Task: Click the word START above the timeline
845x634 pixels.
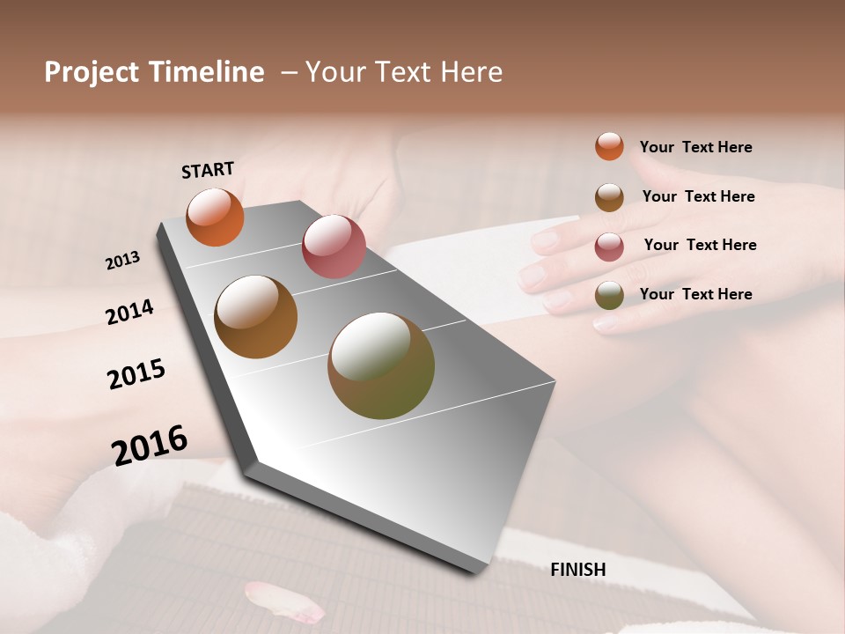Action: click(x=208, y=170)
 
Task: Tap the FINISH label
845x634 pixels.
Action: click(x=578, y=570)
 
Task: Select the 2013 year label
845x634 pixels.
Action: click(x=123, y=260)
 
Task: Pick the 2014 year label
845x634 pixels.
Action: click(x=129, y=312)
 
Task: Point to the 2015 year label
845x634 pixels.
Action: click(x=136, y=374)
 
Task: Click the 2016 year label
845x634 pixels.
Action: click(x=150, y=445)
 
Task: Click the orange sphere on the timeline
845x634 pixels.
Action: click(x=216, y=217)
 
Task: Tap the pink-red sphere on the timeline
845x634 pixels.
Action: click(x=334, y=247)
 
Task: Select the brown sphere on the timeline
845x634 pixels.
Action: click(x=256, y=317)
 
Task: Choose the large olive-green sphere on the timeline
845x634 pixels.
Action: click(x=381, y=365)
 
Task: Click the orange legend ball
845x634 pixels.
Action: click(x=609, y=146)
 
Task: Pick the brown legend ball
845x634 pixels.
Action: click(x=609, y=197)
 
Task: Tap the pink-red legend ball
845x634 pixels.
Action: click(x=609, y=247)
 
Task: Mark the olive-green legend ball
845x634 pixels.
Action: click(x=609, y=295)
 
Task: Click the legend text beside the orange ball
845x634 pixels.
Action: click(x=695, y=147)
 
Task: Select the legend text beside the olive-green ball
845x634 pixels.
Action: click(x=695, y=294)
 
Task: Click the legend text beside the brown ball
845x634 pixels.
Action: click(x=698, y=196)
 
